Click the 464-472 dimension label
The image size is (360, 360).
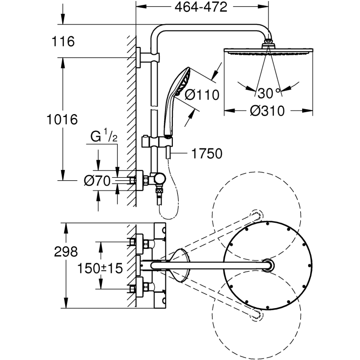point(202,8)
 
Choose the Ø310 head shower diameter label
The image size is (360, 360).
point(267,111)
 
